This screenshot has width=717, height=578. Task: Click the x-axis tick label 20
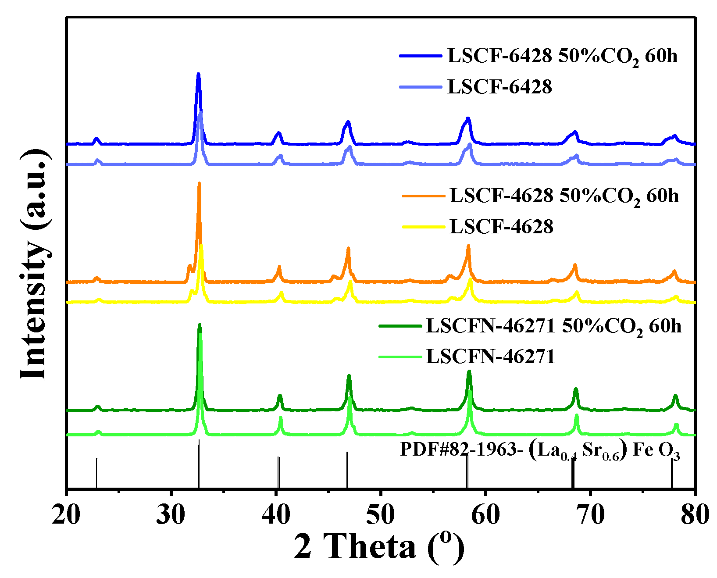coord(66,514)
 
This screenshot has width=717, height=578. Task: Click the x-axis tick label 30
coord(171,514)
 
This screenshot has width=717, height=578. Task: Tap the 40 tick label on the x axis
coord(276,514)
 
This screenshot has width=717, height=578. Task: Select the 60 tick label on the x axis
coord(485,514)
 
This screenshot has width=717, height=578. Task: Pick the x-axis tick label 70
coord(590,514)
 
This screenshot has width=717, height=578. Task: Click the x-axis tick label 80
coord(695,514)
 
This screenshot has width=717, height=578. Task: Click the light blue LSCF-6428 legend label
coord(499,87)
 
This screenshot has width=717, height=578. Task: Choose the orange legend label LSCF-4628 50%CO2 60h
coord(564,196)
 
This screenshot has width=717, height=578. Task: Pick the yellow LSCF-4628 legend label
coord(501,227)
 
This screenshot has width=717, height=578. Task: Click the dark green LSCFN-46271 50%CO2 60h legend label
coord(553,327)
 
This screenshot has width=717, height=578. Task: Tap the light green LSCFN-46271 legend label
coord(490,357)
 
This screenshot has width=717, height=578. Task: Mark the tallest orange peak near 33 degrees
coord(199,184)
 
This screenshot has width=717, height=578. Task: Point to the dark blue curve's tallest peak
coord(198,75)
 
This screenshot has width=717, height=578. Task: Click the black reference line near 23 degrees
coord(96,473)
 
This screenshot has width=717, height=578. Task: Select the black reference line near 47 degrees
coord(347,469)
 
